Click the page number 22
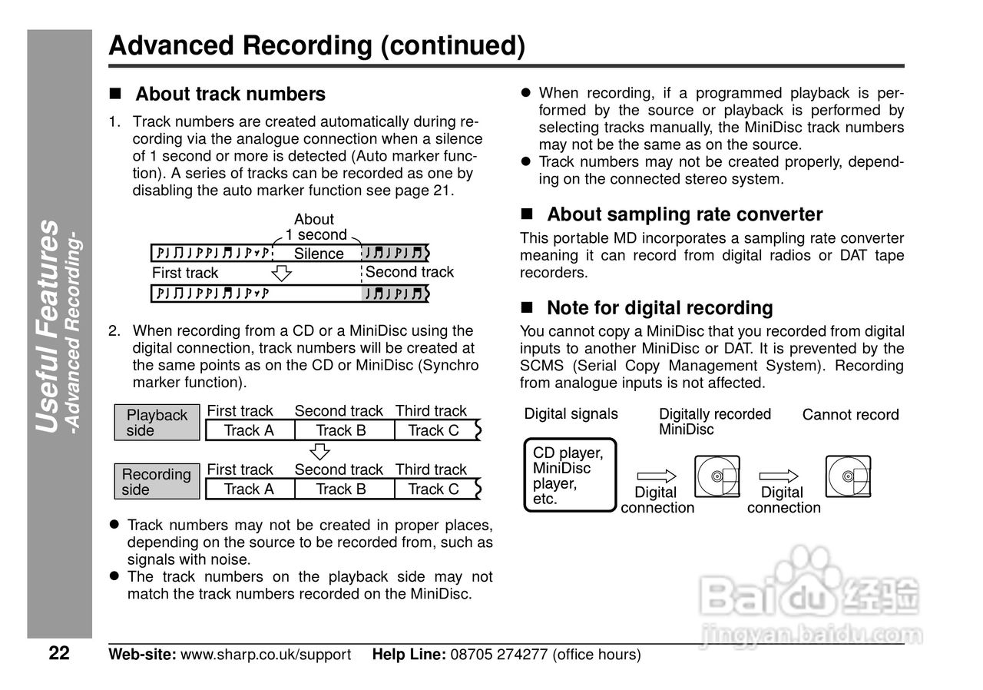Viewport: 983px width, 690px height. pos(59,654)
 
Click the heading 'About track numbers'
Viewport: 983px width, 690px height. pos(230,95)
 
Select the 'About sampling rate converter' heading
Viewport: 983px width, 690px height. pos(683,214)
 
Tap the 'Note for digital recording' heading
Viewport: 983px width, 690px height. pos(659,308)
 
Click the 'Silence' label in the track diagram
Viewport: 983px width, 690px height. pos(319,254)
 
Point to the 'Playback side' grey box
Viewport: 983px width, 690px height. pos(157,423)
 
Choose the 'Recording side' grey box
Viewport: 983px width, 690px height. pos(157,482)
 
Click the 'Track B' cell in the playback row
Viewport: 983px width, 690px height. pos(340,430)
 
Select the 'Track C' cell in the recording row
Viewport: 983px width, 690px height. pos(433,489)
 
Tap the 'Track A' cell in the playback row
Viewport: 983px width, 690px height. pos(248,430)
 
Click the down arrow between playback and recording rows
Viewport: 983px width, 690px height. pos(321,450)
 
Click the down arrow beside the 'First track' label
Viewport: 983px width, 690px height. pos(283,273)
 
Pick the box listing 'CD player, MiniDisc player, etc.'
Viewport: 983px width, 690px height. pos(571,475)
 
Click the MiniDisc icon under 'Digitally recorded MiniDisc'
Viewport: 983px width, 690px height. pos(717,476)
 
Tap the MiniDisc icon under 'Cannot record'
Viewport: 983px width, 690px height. pos(848,476)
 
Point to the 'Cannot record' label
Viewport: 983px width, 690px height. pos(850,415)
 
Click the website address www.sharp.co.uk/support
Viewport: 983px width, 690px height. pos(265,655)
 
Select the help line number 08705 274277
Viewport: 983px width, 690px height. pos(498,655)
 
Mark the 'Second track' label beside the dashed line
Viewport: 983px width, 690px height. pos(409,272)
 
